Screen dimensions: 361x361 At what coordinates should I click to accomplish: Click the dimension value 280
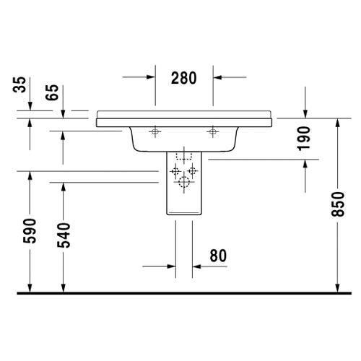183,79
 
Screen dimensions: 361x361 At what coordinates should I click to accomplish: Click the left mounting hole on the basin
154,131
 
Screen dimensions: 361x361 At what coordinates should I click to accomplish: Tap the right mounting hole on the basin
212,131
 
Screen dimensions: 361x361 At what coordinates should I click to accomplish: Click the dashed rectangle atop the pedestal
183,156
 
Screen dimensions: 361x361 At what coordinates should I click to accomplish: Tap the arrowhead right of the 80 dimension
197,266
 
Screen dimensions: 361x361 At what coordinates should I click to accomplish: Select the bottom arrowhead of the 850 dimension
337,288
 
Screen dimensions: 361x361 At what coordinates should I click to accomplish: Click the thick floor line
180,295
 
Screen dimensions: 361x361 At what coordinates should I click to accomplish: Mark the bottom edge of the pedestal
183,215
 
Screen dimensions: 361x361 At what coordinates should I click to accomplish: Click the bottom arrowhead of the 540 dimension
64,288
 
